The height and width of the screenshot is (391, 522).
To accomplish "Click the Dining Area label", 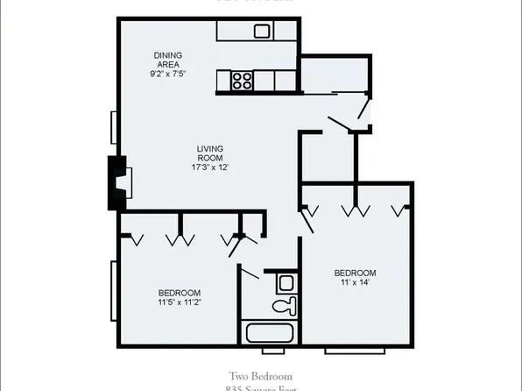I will tap(167, 58).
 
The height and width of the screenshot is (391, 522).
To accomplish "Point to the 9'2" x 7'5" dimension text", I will tap(167, 74).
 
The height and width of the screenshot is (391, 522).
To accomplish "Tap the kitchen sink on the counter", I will tap(261, 32).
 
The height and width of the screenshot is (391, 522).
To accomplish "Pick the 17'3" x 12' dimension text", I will tap(210, 167).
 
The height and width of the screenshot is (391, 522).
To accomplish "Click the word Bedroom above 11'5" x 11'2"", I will tap(180, 293).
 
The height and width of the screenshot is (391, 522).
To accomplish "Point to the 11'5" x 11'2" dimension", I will tap(180, 304).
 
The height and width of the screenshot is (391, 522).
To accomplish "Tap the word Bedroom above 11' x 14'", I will tap(356, 273).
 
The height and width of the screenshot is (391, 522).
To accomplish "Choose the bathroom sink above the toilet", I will tap(285, 282).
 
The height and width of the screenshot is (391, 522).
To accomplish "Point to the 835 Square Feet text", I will tap(261, 387).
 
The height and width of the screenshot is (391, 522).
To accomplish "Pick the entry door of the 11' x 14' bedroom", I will tap(307, 219).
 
